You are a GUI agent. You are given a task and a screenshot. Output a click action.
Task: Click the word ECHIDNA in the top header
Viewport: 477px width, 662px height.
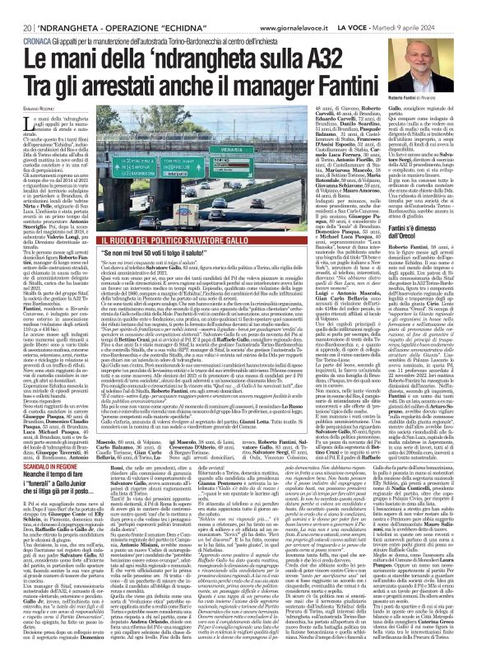click(164, 8)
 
